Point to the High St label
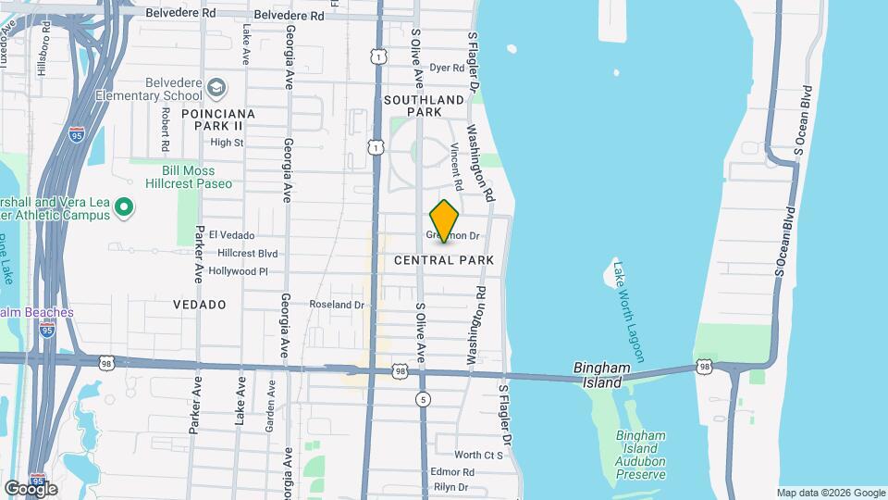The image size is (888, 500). (x=227, y=143)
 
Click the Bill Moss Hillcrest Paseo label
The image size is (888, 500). (x=188, y=177)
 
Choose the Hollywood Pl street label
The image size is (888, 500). (x=238, y=271)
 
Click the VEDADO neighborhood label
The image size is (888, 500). (x=200, y=304)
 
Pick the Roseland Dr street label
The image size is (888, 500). (x=337, y=304)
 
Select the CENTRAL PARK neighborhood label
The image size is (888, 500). (x=444, y=261)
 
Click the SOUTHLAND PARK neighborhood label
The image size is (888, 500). (x=424, y=106)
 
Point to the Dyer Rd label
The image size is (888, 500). (x=446, y=68)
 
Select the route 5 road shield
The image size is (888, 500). (x=424, y=399)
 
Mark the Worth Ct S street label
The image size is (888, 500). (x=478, y=455)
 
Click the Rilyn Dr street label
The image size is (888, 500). (x=453, y=487)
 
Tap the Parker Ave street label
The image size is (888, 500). (x=198, y=253)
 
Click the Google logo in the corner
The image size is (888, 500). (x=31, y=488)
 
